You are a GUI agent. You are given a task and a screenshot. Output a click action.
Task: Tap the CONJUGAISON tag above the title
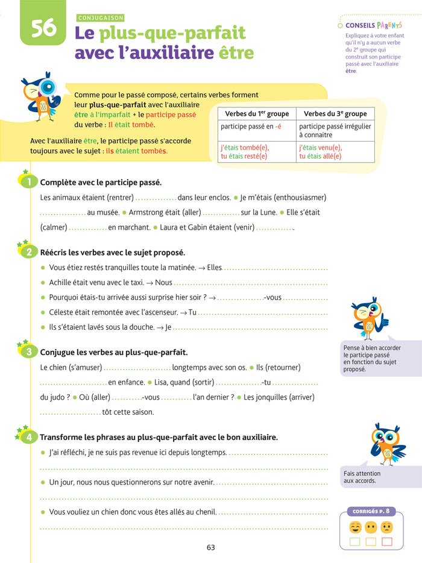(101, 18)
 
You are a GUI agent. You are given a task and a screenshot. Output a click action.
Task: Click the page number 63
(210, 547)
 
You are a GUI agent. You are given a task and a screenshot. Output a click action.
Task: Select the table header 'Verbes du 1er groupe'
(256, 113)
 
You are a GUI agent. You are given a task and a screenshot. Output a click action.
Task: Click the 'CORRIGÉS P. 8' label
(371, 511)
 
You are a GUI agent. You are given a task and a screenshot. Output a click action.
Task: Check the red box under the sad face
(386, 541)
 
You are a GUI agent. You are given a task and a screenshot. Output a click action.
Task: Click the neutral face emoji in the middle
(371, 527)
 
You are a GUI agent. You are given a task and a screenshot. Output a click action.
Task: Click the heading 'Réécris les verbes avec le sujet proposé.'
(112, 253)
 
